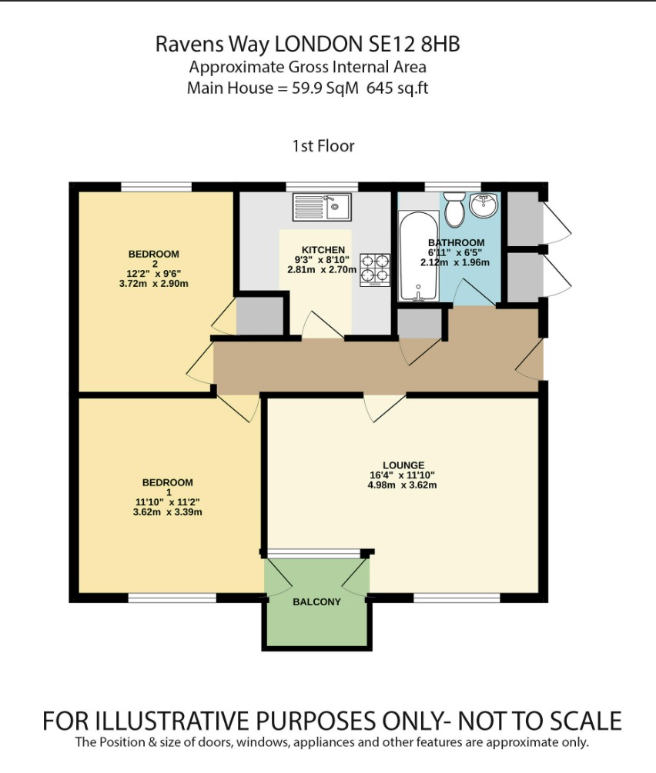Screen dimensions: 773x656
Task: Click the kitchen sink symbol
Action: [322, 206]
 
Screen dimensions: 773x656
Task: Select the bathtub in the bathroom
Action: [417, 256]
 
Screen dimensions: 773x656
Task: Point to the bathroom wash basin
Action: [486, 206]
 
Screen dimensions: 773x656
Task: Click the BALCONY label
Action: [316, 602]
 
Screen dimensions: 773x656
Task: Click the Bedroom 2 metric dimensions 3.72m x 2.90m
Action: [153, 284]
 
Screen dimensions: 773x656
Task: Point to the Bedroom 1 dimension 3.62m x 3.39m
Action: [167, 511]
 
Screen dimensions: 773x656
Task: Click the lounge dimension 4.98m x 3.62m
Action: [403, 485]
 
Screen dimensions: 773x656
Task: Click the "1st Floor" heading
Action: [323, 145]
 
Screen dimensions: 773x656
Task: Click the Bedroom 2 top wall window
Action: [156, 186]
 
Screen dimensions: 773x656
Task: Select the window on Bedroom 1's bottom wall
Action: [172, 598]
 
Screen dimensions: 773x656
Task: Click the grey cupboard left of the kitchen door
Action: [259, 315]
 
